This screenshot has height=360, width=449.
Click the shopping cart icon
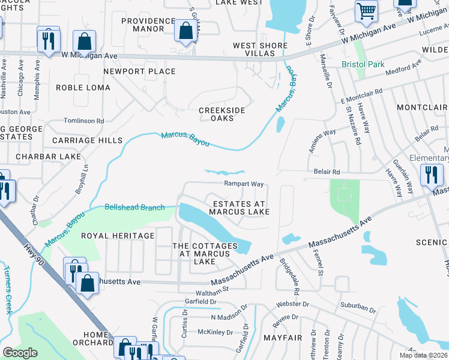click(x=366, y=10)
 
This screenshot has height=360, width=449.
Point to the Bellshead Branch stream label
click(x=134, y=208)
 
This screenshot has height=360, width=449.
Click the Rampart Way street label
click(x=244, y=184)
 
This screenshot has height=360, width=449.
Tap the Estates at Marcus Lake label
click(x=239, y=208)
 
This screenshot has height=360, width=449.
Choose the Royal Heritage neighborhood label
click(x=118, y=236)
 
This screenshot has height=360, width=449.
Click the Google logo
click(x=20, y=353)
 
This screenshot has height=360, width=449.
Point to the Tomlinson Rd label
click(x=84, y=121)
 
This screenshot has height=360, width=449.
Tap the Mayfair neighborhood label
click(x=282, y=338)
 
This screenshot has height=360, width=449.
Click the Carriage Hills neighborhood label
click(x=87, y=140)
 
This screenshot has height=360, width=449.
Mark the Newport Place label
click(x=140, y=71)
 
